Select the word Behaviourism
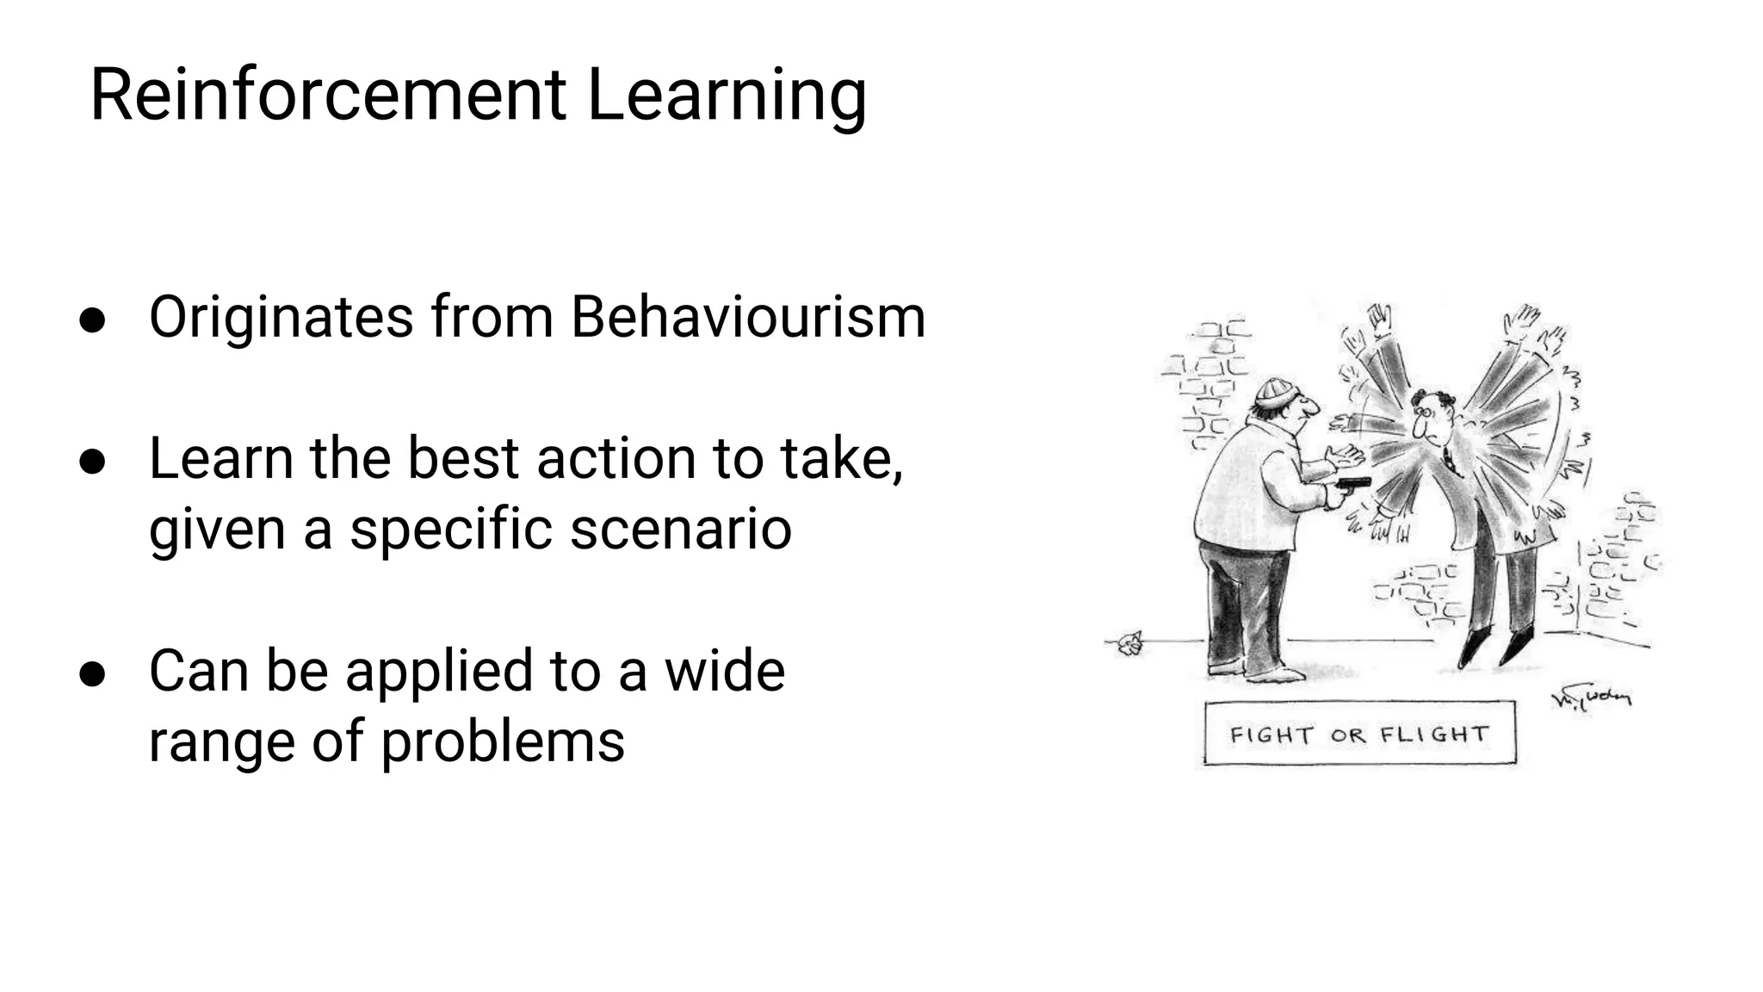(748, 317)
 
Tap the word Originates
(281, 319)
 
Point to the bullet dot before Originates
(92, 319)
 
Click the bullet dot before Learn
(92, 461)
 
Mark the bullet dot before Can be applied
(92, 673)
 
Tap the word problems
(503, 742)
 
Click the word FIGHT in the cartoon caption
(1271, 735)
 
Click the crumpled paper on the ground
(1129, 643)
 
